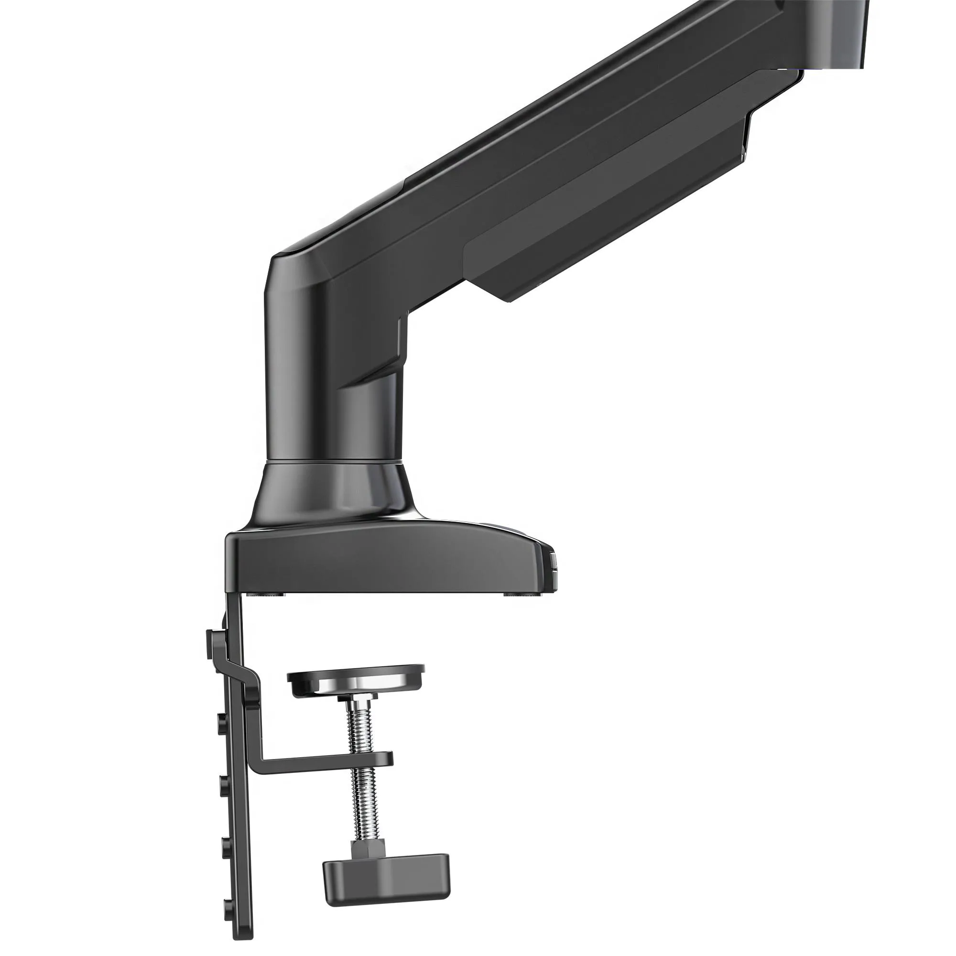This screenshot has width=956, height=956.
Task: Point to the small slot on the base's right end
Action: (x=553, y=564)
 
